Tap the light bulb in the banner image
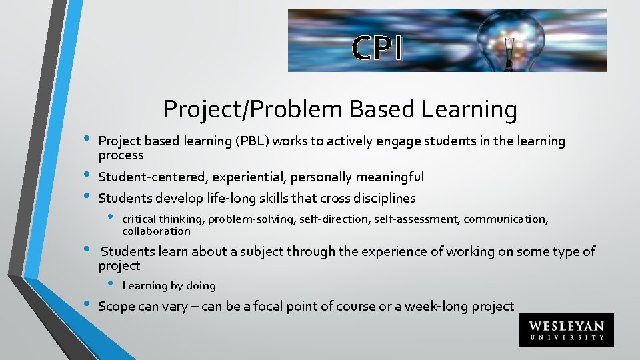point(509,40)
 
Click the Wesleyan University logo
point(566,331)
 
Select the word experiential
point(237,177)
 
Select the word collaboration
point(156,231)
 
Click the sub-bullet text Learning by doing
point(169,286)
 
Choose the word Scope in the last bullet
point(115,307)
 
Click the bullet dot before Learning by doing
point(111,285)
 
